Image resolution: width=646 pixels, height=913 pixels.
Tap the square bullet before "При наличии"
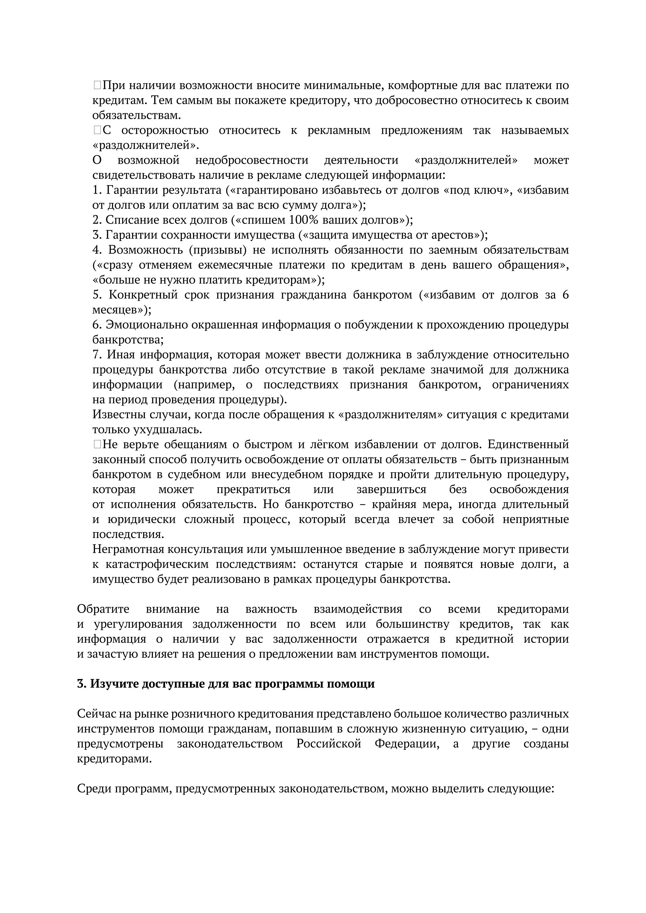click(x=97, y=85)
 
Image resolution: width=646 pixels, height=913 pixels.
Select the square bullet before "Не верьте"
click(x=97, y=444)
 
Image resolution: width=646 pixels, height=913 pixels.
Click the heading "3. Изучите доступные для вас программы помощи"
click(x=226, y=684)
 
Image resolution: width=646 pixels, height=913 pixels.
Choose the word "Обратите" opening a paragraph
click(x=103, y=609)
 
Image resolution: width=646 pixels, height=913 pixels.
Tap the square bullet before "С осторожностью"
click(x=97, y=130)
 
